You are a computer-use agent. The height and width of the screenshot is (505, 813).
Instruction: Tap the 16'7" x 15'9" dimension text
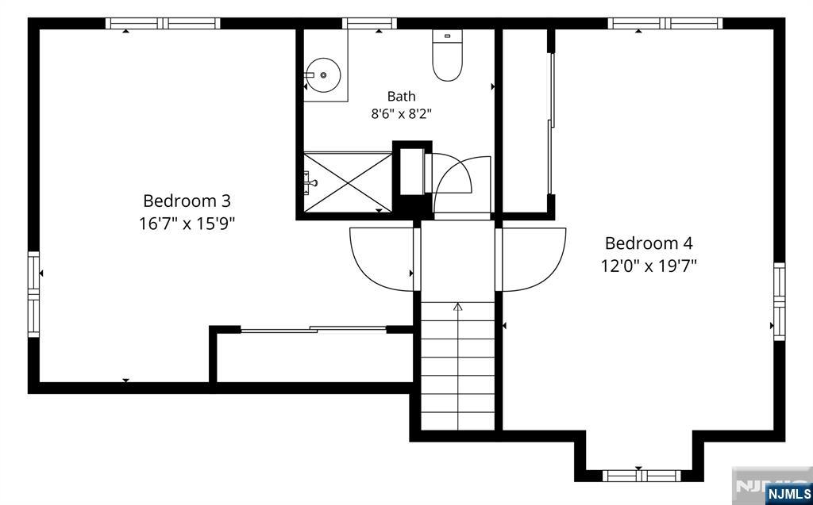click(x=187, y=224)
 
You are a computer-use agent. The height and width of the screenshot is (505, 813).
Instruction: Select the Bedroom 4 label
click(x=648, y=243)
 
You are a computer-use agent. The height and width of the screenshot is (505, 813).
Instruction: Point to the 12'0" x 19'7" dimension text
click(x=649, y=266)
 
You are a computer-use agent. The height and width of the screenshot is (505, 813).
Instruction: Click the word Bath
click(x=401, y=97)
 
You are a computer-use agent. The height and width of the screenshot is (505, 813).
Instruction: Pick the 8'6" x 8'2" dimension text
click(x=401, y=114)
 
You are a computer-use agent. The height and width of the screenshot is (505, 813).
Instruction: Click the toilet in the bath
click(x=447, y=55)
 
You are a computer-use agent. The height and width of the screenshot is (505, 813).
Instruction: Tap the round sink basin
click(x=322, y=75)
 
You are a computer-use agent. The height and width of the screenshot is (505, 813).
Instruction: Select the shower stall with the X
click(x=348, y=182)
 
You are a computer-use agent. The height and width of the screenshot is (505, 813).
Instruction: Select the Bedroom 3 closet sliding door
click(x=314, y=329)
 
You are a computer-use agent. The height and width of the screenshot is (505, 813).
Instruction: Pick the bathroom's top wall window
click(x=369, y=23)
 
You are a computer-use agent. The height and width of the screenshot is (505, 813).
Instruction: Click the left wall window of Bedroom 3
click(x=33, y=294)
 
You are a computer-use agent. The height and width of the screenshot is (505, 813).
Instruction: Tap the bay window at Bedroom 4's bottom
click(x=641, y=476)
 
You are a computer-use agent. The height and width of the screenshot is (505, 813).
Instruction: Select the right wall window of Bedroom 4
click(x=780, y=301)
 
